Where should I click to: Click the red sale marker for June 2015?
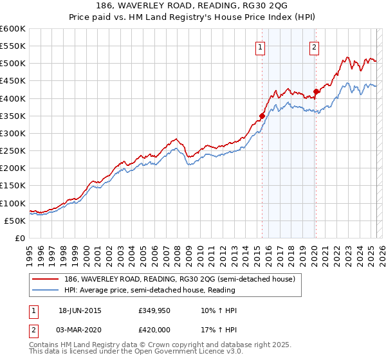pyautogui.click(x=262, y=116)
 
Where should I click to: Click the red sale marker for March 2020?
pyautogui.click(x=316, y=91)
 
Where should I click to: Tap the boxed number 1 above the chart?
pyautogui.click(x=261, y=46)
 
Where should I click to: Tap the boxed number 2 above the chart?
pyautogui.click(x=315, y=46)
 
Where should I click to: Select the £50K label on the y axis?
pyautogui.click(x=15, y=221)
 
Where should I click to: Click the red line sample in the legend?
pyautogui.click(x=46, y=280)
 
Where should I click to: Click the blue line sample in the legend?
pyautogui.click(x=46, y=290)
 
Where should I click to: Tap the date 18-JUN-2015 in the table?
pyautogui.click(x=80, y=310)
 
